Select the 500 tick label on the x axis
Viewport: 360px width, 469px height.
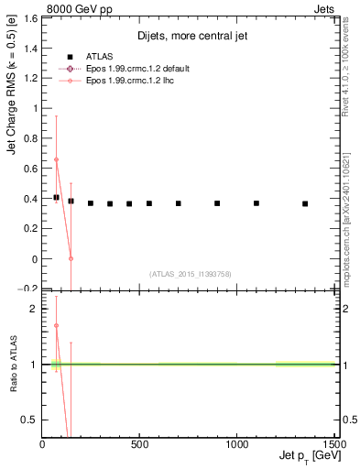click(x=140, y=444)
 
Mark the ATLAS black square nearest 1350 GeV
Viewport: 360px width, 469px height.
click(x=305, y=203)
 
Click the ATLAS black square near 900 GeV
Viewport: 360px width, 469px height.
click(x=217, y=203)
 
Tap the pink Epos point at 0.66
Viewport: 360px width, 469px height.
click(x=56, y=159)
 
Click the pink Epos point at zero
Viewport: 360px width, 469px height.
click(x=71, y=258)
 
